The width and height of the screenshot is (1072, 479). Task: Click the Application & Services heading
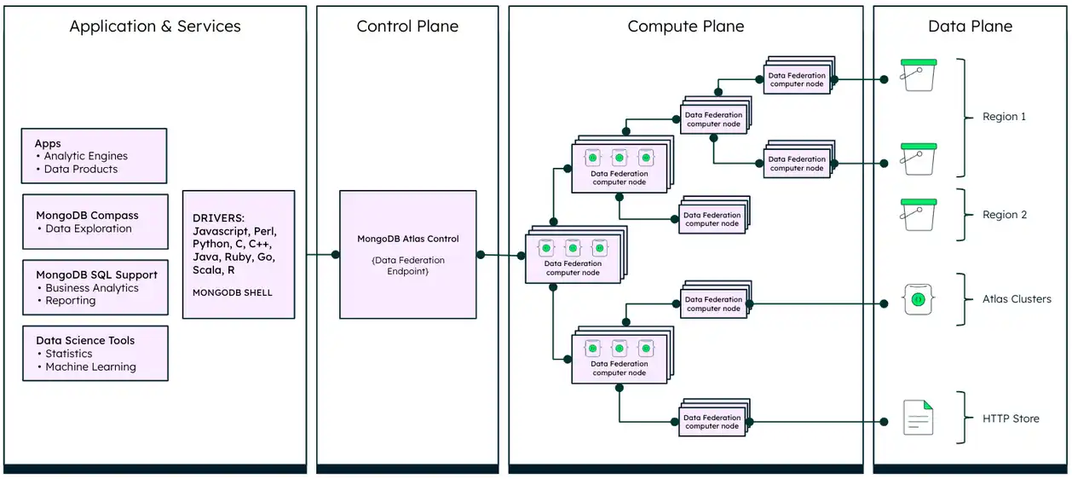[x=155, y=26]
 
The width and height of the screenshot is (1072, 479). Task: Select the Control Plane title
[x=407, y=26]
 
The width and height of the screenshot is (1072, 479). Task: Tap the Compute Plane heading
[x=685, y=26]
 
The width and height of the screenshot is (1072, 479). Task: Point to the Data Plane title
[x=970, y=26]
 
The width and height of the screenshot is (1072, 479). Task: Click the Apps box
[x=94, y=156]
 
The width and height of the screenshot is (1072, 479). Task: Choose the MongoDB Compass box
[x=95, y=222]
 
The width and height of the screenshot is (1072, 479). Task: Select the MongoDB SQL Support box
[x=95, y=288]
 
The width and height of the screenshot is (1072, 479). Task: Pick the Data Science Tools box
[x=95, y=354]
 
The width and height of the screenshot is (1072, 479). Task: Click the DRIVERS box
[x=239, y=254]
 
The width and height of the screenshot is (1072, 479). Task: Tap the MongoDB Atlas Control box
[x=407, y=254]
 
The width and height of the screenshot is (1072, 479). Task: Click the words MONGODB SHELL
[x=233, y=292]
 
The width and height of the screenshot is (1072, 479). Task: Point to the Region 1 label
[x=1005, y=117]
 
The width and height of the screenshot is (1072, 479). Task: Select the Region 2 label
[x=1005, y=215]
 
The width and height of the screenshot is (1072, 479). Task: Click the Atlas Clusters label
[x=1017, y=299]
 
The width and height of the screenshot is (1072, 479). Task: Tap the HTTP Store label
[x=1011, y=418]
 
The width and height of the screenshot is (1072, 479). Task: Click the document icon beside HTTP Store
[x=918, y=418]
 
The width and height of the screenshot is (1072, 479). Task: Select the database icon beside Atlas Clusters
[x=918, y=300]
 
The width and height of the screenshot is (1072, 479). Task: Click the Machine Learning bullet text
[x=90, y=367]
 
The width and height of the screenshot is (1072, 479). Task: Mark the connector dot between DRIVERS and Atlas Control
[x=311, y=255]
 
